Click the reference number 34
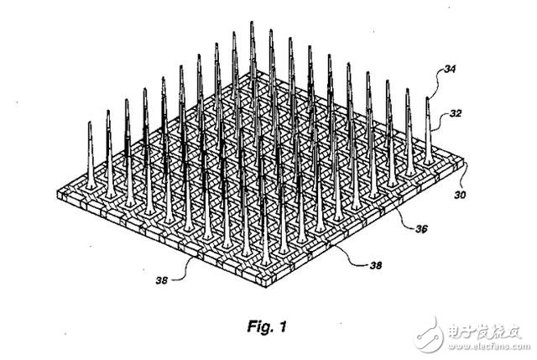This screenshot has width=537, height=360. pos(450,69)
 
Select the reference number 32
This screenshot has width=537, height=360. pos(455,113)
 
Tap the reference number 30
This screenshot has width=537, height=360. pos(460,195)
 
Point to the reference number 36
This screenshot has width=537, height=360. pos(420,229)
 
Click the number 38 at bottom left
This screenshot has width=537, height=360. pos(162,280)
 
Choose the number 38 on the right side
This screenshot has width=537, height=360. pos(375,265)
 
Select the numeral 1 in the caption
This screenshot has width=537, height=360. pos(283,326)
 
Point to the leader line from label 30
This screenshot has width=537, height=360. pos(463,178)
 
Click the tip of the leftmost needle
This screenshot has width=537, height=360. pos(90,123)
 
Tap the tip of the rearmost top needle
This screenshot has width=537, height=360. pos(252,23)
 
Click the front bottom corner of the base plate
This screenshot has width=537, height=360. pos(267,286)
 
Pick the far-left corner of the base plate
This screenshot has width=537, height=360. pos(58,192)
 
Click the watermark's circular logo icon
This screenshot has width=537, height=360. pos(428,335)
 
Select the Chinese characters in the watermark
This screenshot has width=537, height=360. pos(485,332)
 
